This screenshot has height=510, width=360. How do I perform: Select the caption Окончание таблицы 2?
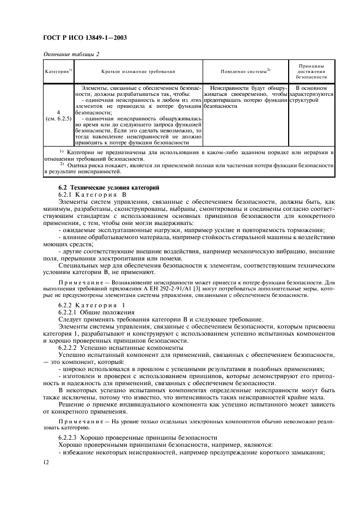pos(71,53)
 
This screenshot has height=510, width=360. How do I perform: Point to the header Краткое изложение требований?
pos(138,71)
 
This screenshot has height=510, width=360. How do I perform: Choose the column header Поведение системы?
pos(245,71)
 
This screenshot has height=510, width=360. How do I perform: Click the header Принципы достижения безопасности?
pos(311,71)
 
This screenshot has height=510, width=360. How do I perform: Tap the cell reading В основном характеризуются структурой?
pos(311,94)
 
